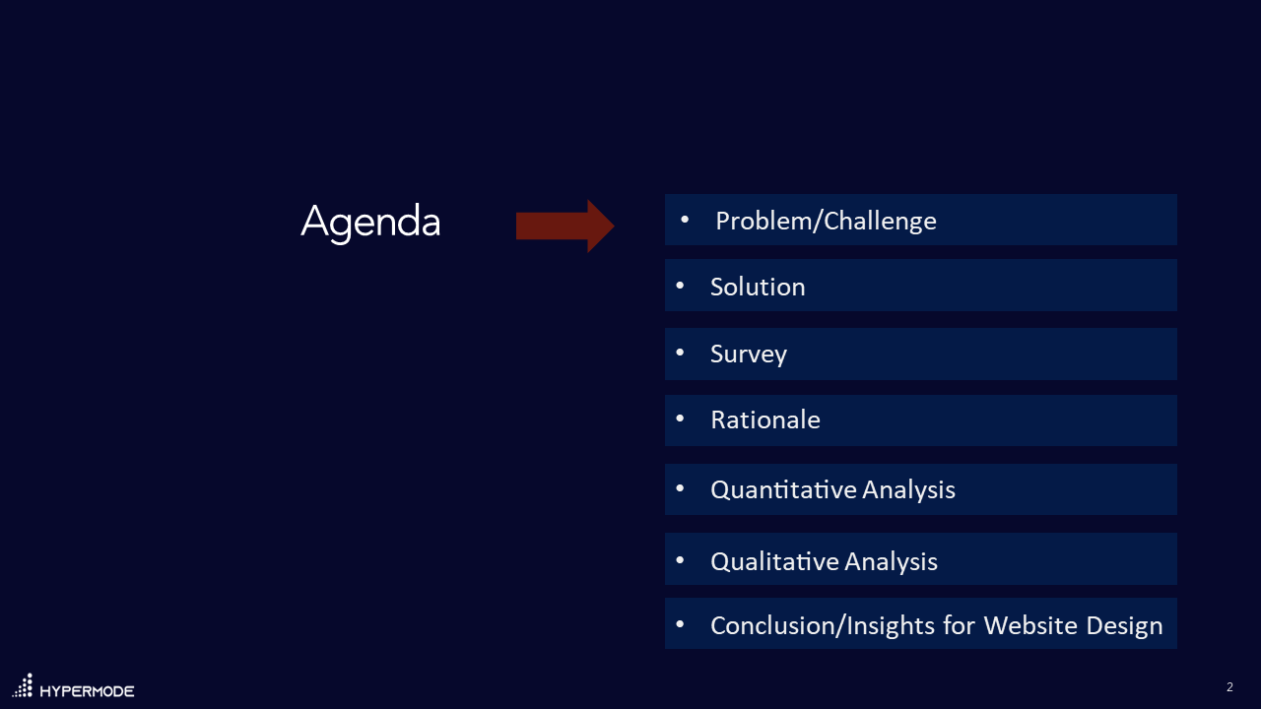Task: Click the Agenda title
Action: (x=370, y=223)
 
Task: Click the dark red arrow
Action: (x=564, y=226)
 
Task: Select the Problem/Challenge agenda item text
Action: (x=826, y=222)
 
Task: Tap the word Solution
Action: (x=758, y=287)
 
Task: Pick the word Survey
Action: (x=749, y=354)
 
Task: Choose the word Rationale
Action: (x=765, y=420)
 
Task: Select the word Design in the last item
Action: (x=1124, y=626)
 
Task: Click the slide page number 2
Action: (x=1230, y=687)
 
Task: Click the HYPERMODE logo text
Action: (x=88, y=691)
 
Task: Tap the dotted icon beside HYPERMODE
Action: (x=23, y=685)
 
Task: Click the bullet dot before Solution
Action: (x=680, y=286)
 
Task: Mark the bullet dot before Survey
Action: (x=680, y=353)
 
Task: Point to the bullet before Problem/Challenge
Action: (x=685, y=220)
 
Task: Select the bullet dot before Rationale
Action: (x=680, y=419)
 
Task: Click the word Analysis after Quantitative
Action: (x=908, y=489)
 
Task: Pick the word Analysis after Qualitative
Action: (x=892, y=561)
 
